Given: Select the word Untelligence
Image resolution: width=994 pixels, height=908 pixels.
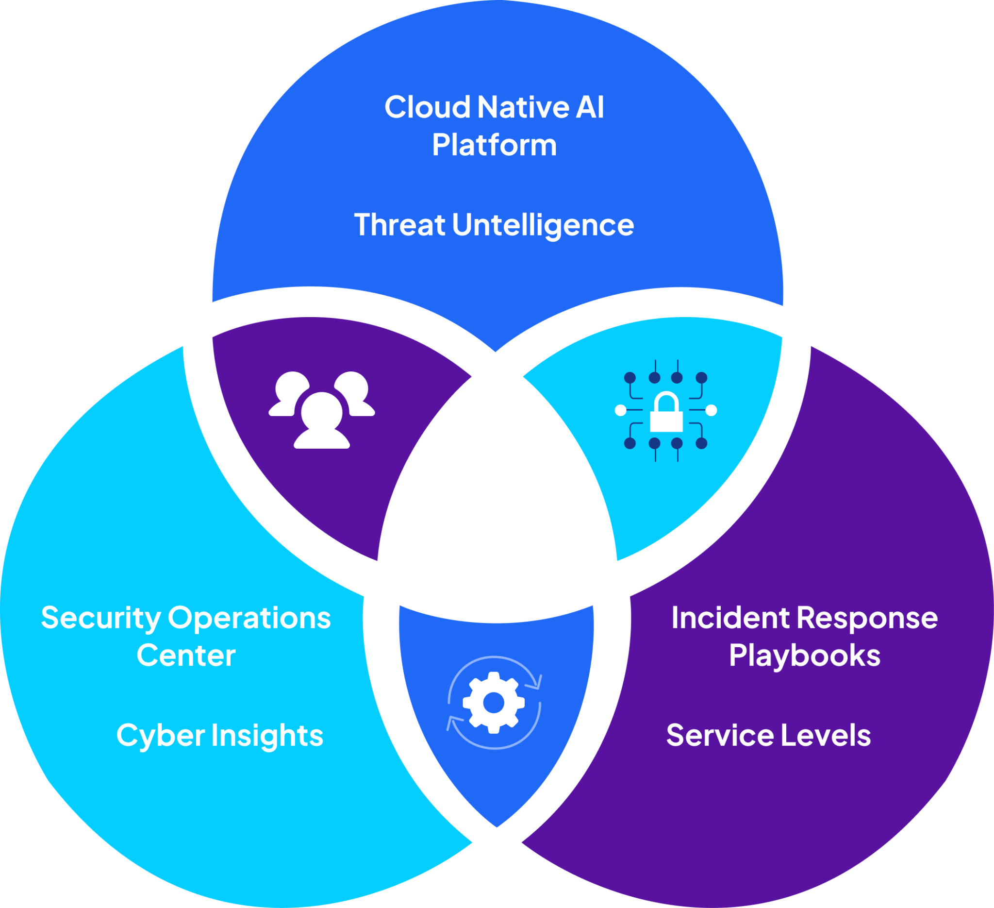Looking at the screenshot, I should tap(543, 225).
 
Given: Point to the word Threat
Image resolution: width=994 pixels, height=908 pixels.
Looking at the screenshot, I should tap(399, 225).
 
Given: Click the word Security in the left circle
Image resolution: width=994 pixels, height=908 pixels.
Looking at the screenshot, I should tap(100, 619).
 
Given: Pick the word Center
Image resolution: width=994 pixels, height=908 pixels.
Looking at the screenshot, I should tap(186, 656).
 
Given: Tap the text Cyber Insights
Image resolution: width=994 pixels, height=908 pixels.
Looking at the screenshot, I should tap(219, 735).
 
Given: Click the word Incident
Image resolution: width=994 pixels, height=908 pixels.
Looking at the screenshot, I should tap(731, 618).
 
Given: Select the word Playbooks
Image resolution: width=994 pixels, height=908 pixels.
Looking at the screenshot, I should tap(805, 656).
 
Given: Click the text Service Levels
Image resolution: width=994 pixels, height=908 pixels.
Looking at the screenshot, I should tap(768, 735).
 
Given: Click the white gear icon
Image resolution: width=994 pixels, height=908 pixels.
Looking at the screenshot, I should tap(494, 703).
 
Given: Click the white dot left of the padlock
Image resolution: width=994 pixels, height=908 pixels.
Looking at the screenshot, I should tap(621, 410).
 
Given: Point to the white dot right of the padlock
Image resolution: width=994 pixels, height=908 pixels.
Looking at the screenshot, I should tap(711, 410).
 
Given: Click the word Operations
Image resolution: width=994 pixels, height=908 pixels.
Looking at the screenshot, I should tap(249, 618).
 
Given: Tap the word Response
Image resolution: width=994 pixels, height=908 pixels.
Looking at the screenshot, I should tap(867, 618).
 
